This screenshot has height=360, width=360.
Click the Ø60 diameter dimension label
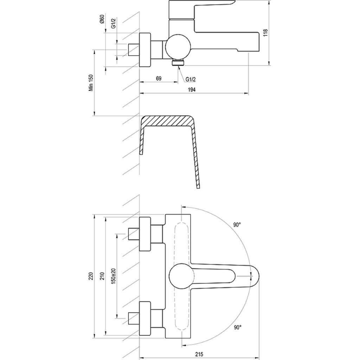click(x=102, y=19)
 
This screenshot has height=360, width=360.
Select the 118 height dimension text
click(x=265, y=33)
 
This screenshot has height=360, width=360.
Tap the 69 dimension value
click(x=159, y=78)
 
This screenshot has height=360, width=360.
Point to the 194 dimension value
click(x=192, y=90)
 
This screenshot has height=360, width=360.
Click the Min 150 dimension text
click(x=91, y=83)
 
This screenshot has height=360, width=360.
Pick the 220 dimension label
click(x=91, y=276)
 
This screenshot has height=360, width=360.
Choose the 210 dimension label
click(x=102, y=276)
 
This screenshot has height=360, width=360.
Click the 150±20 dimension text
click(x=114, y=276)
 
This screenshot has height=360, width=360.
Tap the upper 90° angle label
click(x=237, y=225)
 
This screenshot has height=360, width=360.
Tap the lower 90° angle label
click(x=238, y=327)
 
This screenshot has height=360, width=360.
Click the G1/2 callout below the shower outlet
click(x=191, y=79)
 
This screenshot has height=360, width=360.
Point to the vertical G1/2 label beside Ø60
click(x=114, y=23)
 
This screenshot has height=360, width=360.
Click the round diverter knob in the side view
click(x=178, y=47)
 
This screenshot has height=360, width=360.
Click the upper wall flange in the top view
click(x=145, y=234)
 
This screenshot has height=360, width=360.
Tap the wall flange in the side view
click(x=145, y=50)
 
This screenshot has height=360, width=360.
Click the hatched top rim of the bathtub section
click(x=167, y=121)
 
